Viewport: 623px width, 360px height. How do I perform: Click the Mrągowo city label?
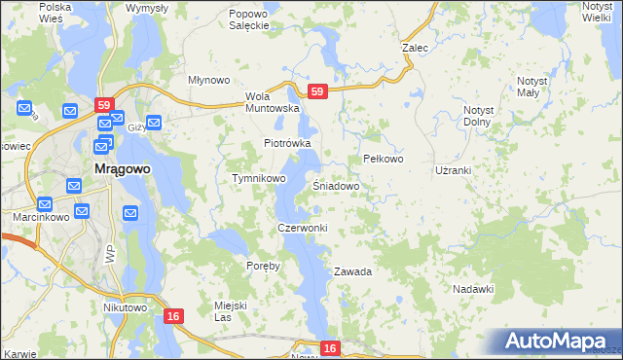122,168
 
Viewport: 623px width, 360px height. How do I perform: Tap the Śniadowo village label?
337,185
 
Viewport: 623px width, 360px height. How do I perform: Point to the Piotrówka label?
287,143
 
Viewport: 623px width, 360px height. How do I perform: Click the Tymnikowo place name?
258,179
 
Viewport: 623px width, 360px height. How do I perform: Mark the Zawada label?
352,271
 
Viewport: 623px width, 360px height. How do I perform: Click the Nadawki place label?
474,289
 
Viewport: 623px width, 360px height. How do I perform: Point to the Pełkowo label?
383,159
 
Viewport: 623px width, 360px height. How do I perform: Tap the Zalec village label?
416,47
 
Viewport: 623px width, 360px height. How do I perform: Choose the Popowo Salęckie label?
248,20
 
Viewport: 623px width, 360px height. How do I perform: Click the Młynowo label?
207,81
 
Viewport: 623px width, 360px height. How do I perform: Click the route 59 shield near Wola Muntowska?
316,91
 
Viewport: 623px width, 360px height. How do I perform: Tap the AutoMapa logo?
558,341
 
